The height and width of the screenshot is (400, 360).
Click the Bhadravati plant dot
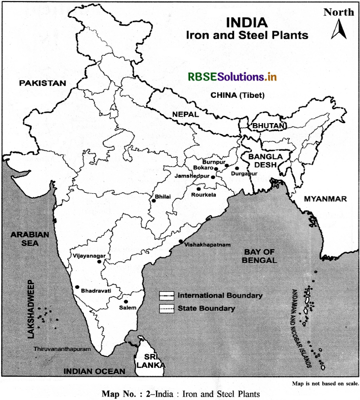click(x=77, y=287)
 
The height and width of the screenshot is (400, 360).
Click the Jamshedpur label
click(x=192, y=176)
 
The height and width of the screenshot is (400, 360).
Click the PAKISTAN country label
click(x=42, y=83)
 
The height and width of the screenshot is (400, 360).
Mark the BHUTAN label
click(x=269, y=127)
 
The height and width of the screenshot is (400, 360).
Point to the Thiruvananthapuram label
click(x=63, y=349)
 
